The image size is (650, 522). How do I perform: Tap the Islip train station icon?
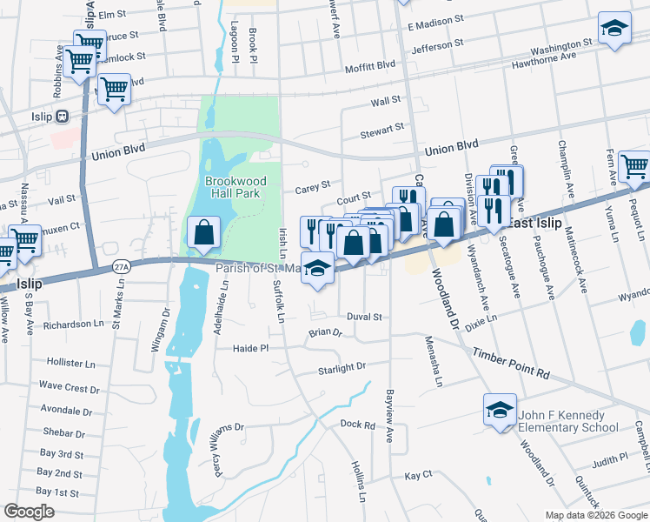point(62,117)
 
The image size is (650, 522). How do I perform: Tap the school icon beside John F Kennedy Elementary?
point(501,410)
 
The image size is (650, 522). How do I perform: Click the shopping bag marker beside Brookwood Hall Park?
point(202,232)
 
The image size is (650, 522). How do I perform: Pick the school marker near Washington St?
point(614,28)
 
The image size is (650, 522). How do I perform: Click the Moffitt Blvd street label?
point(369,65)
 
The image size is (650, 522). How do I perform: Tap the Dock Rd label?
point(357,425)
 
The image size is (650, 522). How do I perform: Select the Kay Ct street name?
point(418,476)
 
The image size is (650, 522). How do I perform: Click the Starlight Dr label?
point(341,368)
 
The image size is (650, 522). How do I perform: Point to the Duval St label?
point(364,317)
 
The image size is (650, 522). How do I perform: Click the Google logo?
point(29,512)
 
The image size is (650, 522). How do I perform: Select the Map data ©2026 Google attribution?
point(595,515)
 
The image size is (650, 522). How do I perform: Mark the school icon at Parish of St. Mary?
point(318,271)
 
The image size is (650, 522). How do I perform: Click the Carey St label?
point(313,185)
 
